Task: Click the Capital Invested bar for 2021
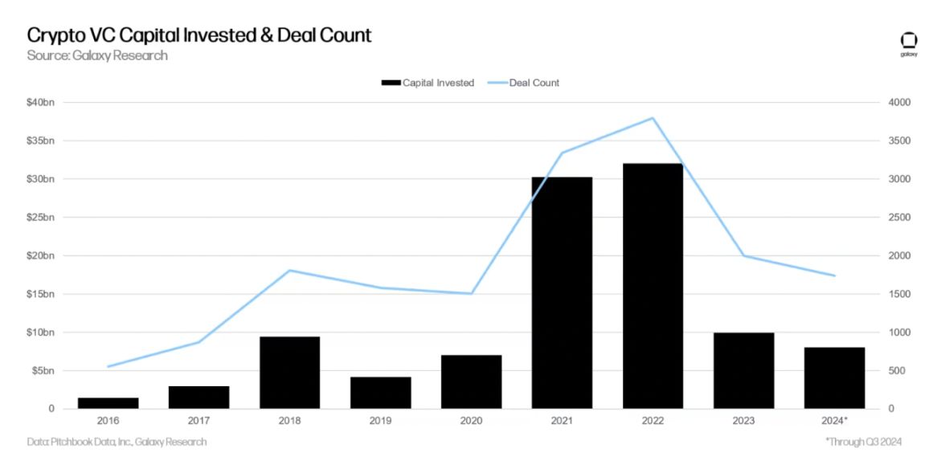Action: click(x=562, y=293)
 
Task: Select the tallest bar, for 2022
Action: click(x=653, y=286)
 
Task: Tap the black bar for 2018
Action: click(x=289, y=373)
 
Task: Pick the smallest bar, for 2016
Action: click(x=108, y=403)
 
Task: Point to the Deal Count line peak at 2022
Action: click(x=653, y=118)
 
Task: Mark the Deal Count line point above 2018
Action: click(x=289, y=271)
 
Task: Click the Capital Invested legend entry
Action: click(x=428, y=83)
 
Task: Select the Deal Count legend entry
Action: click(x=524, y=83)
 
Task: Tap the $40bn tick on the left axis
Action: click(x=42, y=103)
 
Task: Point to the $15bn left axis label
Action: click(x=42, y=294)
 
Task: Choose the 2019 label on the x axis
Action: click(x=380, y=420)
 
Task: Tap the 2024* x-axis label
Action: click(x=834, y=420)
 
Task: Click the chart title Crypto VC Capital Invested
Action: click(x=199, y=35)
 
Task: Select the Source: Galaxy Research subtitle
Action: click(x=97, y=55)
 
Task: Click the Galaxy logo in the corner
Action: click(x=909, y=43)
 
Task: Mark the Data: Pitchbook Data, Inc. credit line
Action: click(x=117, y=442)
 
